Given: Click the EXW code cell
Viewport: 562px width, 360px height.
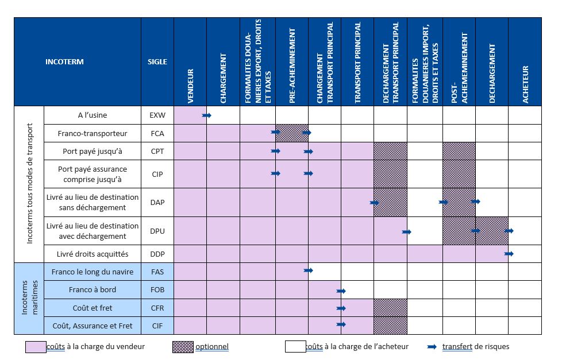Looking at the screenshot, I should [157, 115].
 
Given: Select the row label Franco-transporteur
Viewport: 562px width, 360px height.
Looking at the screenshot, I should [92, 133].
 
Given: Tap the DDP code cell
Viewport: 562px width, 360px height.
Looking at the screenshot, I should [157, 254].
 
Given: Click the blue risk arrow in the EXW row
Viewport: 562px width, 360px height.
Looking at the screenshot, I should [207, 115].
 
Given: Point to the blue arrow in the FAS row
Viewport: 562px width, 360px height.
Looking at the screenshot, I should [309, 270].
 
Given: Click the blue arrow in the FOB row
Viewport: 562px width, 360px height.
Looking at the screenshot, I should [341, 291].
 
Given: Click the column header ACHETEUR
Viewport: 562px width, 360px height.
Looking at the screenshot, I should [525, 84].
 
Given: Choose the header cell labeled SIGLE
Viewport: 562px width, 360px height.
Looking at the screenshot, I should [157, 61].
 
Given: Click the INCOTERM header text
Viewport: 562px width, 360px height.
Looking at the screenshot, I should [64, 61].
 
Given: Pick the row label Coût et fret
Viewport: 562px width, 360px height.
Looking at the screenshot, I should [92, 308].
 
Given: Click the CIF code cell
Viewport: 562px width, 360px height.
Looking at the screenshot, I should [157, 326].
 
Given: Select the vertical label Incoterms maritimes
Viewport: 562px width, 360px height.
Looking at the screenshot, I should [29, 299].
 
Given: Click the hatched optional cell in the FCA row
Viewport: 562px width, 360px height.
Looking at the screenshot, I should [292, 133].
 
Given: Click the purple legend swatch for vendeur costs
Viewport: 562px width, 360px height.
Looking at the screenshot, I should [35, 347].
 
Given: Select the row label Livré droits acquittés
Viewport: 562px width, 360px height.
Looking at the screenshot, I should [92, 254].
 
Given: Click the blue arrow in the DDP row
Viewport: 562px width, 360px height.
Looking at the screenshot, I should [509, 253].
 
